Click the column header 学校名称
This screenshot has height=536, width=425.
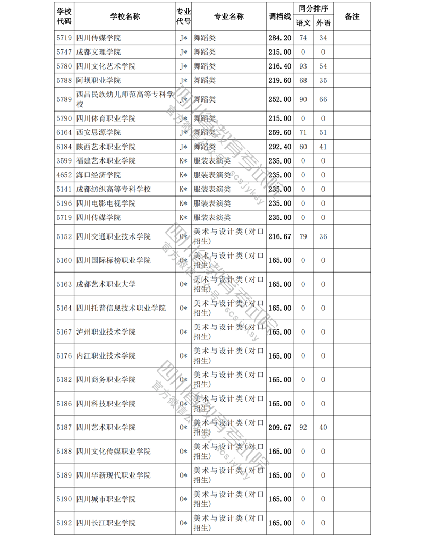point(125,16)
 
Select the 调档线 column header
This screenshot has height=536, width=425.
point(280,16)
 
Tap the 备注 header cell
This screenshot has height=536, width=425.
point(352,16)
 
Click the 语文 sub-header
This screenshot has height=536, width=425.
point(303,23)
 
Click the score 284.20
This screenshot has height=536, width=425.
point(280,38)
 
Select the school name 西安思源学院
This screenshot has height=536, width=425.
point(98,132)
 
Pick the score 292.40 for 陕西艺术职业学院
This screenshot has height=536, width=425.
point(280,147)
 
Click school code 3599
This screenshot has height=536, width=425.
point(64,161)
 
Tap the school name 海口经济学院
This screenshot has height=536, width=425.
point(98,175)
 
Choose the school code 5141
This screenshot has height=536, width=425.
point(64,189)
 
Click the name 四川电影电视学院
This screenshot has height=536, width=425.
point(106,203)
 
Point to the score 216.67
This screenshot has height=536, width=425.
point(280,236)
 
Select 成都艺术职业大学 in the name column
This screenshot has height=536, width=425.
point(106,284)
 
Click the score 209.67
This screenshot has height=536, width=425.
point(280,427)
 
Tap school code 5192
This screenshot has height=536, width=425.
point(64,523)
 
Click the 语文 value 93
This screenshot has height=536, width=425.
point(303,66)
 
